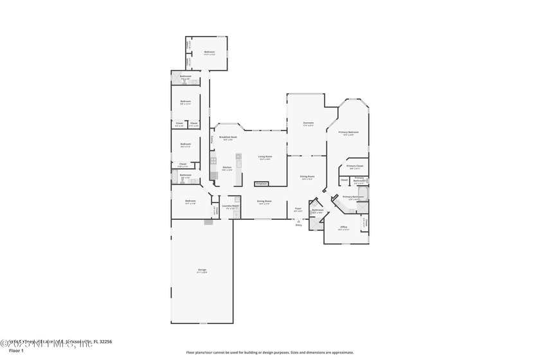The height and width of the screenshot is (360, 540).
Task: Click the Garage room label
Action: click(x=202, y=271)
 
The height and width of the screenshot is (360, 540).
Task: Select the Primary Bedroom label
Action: click(x=350, y=132)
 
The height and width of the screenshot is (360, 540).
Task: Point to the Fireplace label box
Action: click(x=262, y=184)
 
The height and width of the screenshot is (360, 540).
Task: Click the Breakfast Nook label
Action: click(x=228, y=137)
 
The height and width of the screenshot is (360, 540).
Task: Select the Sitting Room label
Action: click(x=307, y=177)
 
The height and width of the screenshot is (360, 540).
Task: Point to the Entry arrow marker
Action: click(x=298, y=221)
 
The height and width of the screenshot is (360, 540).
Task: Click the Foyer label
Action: click(x=298, y=208)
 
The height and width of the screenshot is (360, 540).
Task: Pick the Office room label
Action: click(x=344, y=227)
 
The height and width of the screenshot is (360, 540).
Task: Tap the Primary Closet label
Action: click(x=355, y=166)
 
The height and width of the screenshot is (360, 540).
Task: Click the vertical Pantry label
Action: click(x=212, y=139)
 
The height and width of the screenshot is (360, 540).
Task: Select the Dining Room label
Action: click(x=264, y=201)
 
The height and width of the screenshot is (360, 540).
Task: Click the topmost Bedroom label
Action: click(x=210, y=52)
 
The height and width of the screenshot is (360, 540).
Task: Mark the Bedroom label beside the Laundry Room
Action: click(x=190, y=201)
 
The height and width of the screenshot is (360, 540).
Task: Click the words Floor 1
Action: click(x=16, y=350)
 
